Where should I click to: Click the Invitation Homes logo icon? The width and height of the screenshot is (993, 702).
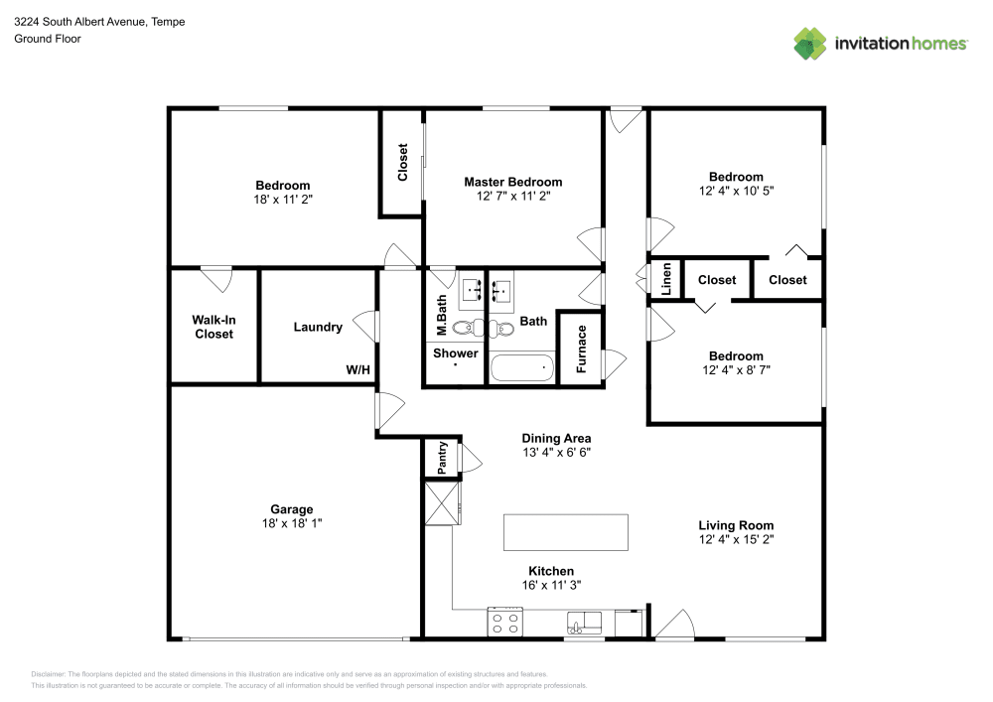810,43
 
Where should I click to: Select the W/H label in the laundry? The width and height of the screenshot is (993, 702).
357,370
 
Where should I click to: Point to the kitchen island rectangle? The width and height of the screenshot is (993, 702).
565,532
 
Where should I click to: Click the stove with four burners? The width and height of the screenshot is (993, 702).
505,623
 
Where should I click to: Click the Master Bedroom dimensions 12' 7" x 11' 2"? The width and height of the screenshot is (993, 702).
512,197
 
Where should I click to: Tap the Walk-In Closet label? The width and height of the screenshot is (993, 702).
213,327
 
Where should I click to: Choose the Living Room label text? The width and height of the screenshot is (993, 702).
735,525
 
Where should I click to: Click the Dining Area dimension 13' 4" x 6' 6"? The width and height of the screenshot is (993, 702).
556,453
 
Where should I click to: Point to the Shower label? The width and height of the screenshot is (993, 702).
455,352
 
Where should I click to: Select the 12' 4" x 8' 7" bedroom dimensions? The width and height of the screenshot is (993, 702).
735,370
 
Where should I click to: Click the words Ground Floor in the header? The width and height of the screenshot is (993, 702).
48,39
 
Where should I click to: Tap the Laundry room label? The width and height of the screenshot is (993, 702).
318,327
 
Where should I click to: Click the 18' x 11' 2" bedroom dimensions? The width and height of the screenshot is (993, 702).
283,200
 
